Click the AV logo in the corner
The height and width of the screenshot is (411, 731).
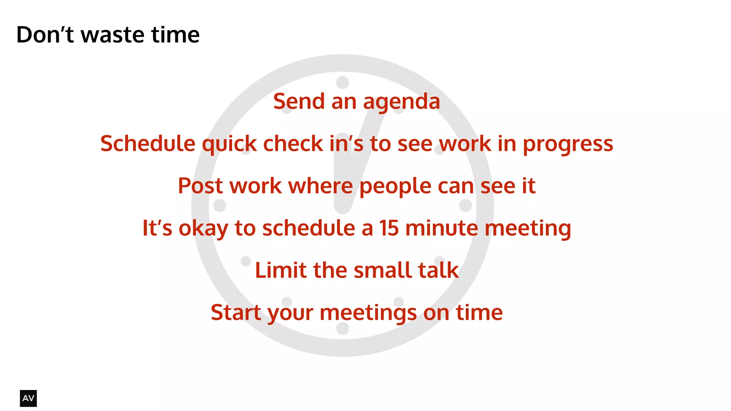[x=28, y=398]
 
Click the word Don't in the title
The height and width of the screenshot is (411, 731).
[x=45, y=35]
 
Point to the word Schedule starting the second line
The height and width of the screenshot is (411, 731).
[x=148, y=144]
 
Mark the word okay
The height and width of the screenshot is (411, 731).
[x=203, y=229]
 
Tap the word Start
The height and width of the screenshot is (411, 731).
[x=236, y=312]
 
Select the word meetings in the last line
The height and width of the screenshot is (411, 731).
[x=368, y=313]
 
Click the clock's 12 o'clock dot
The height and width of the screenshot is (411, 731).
[x=343, y=82]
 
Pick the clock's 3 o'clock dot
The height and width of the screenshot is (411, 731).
[x=465, y=205]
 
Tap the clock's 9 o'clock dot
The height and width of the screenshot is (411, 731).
[x=220, y=205]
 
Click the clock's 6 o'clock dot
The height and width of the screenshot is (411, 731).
[x=343, y=328]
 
